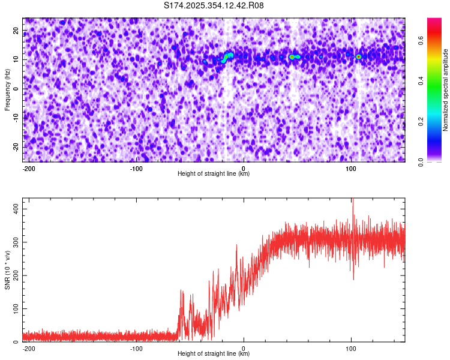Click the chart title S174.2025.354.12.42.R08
pyautogui.click(x=214, y=6)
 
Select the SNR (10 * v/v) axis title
pyautogui.click(x=7, y=271)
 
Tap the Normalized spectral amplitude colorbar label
pyautogui.click(x=446, y=90)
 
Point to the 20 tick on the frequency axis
pyautogui.click(x=16, y=31)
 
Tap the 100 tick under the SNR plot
pyautogui.click(x=351, y=349)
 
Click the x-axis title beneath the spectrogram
pyautogui.click(x=214, y=174)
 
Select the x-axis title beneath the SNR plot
pyautogui.click(x=214, y=354)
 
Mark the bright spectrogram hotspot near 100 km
pyautogui.click(x=358, y=57)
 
